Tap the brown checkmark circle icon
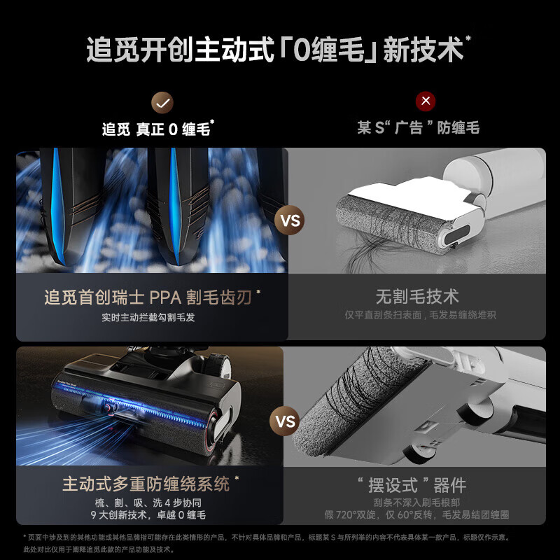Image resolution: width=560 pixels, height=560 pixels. (x=162, y=102)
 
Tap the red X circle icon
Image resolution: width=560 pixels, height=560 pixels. (x=425, y=101)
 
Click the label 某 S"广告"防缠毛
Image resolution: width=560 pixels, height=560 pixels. (x=418, y=129)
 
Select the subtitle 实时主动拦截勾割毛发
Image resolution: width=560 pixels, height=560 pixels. (x=148, y=316)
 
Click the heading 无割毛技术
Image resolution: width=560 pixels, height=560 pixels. (x=417, y=297)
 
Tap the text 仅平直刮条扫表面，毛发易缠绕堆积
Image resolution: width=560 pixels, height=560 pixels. (x=420, y=315)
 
